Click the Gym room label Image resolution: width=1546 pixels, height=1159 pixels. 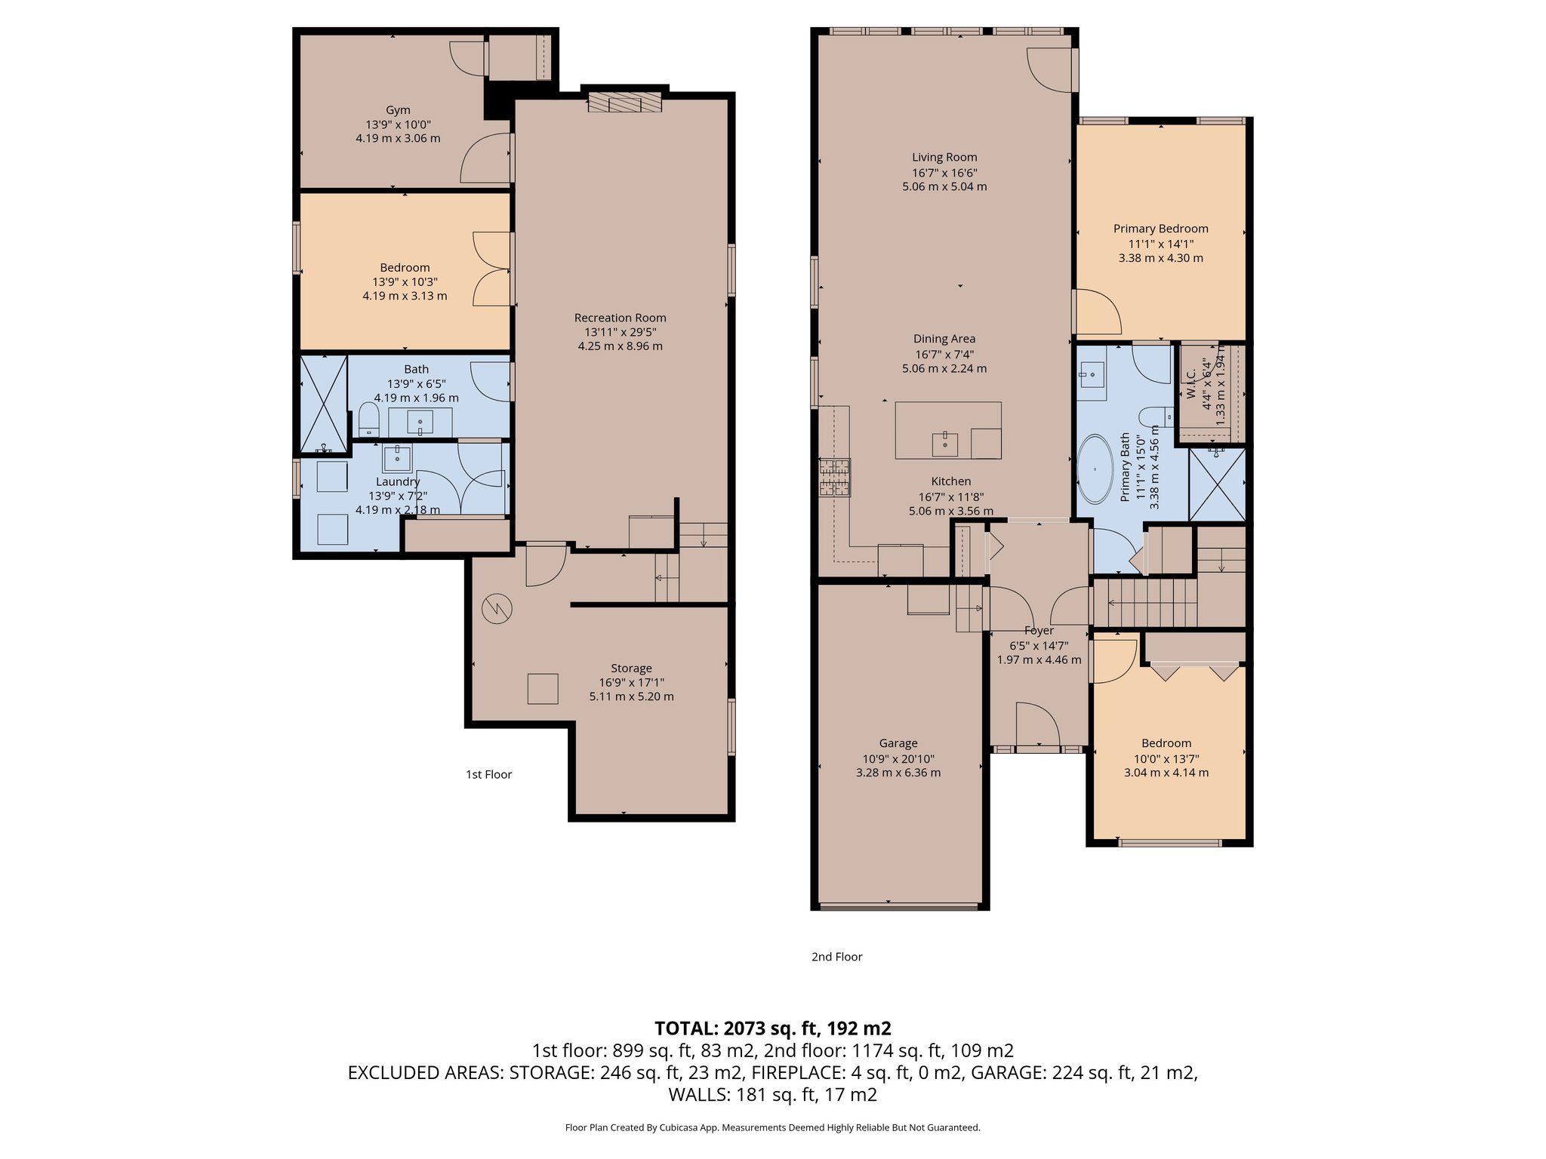(x=398, y=110)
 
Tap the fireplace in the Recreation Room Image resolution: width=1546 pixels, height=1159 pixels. (x=624, y=103)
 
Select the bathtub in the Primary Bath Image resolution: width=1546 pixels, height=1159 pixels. (x=1094, y=469)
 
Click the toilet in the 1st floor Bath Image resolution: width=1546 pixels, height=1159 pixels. (x=368, y=419)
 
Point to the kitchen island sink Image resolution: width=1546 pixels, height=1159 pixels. (x=945, y=444)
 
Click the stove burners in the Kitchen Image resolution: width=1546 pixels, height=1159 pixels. (x=834, y=477)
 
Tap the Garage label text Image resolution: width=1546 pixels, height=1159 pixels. (x=898, y=743)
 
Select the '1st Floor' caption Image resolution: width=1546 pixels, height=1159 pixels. (x=488, y=774)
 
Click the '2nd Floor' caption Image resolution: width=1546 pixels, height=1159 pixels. (x=836, y=957)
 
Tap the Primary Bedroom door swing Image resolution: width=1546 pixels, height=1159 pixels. (x=1098, y=312)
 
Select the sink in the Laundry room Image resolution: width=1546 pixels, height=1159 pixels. (x=396, y=457)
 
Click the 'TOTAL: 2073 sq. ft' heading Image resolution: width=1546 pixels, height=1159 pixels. (x=772, y=1028)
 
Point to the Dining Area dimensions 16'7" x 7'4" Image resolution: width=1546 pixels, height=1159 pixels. (x=944, y=354)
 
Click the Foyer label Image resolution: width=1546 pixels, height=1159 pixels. (x=1039, y=631)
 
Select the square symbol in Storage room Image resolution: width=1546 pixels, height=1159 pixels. (x=543, y=688)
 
